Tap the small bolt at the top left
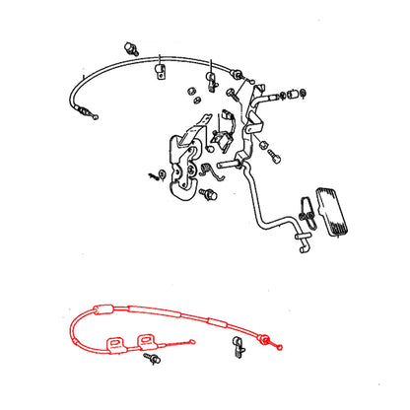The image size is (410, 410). point(129,46)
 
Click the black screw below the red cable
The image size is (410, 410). point(153,362)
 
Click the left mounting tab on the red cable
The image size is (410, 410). point(116,340)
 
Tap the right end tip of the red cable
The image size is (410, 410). point(282,345)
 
